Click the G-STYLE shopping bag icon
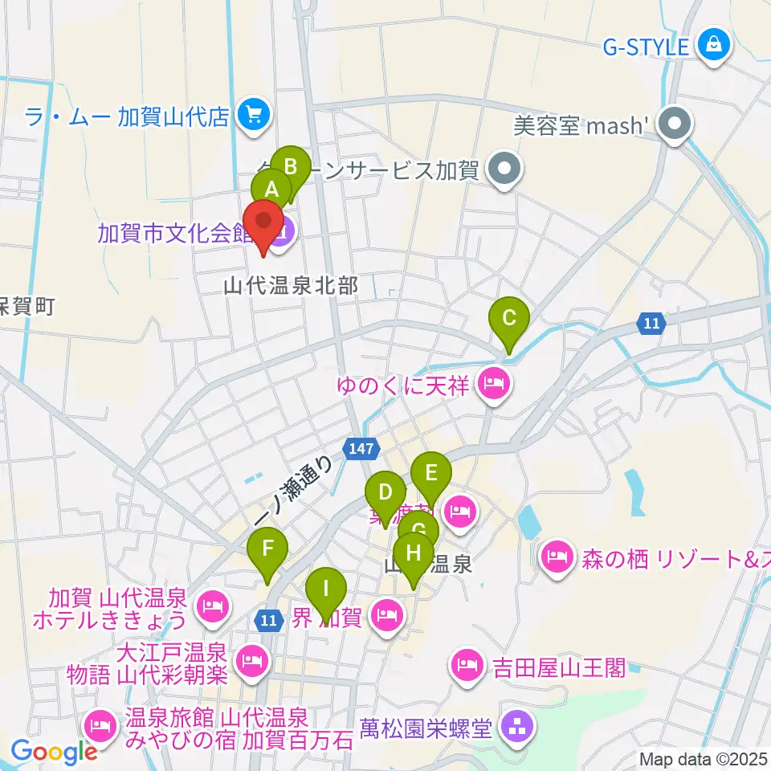click(x=713, y=45)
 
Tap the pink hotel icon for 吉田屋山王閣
click(x=466, y=665)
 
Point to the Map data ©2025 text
click(x=703, y=758)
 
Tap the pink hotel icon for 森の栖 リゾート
click(x=557, y=555)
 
